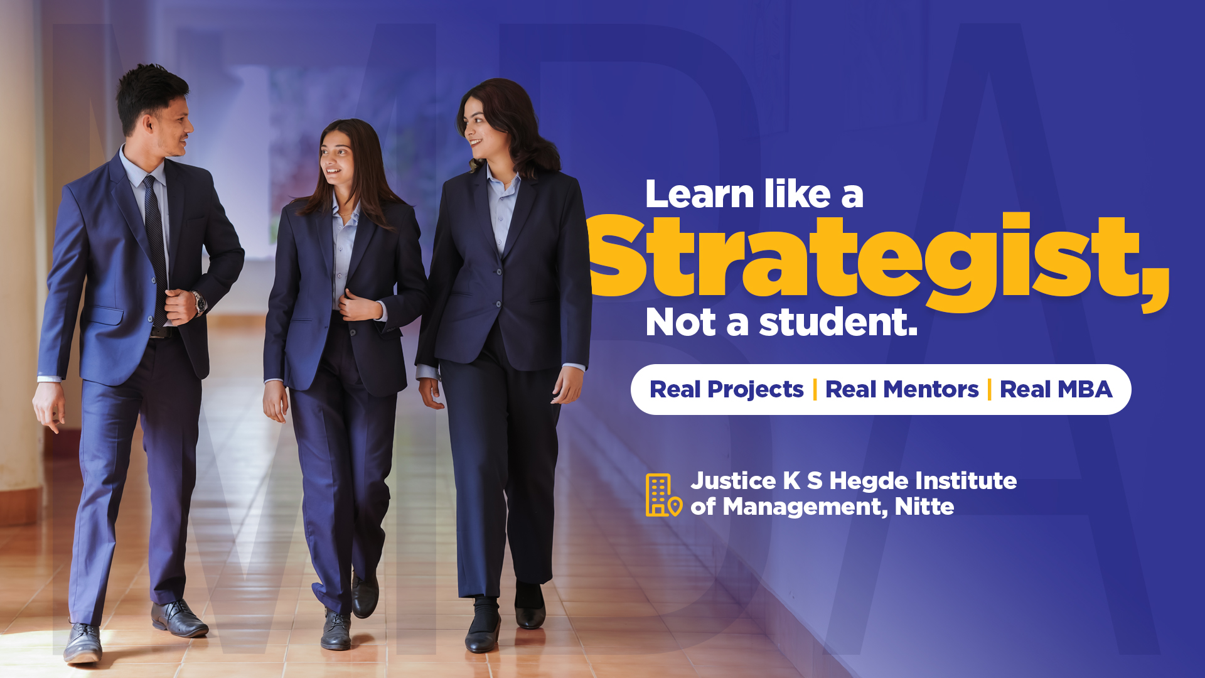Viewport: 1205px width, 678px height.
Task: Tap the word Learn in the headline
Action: (699, 194)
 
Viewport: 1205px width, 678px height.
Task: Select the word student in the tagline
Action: (838, 322)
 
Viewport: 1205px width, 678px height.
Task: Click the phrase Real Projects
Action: (726, 390)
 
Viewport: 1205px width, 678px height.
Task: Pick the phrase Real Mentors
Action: (902, 390)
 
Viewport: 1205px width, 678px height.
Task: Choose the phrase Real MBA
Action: (1056, 390)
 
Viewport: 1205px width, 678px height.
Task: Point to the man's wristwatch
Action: (200, 303)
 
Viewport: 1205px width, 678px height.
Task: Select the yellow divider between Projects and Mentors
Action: (815, 390)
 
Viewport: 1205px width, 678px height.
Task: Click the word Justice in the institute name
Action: (733, 482)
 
